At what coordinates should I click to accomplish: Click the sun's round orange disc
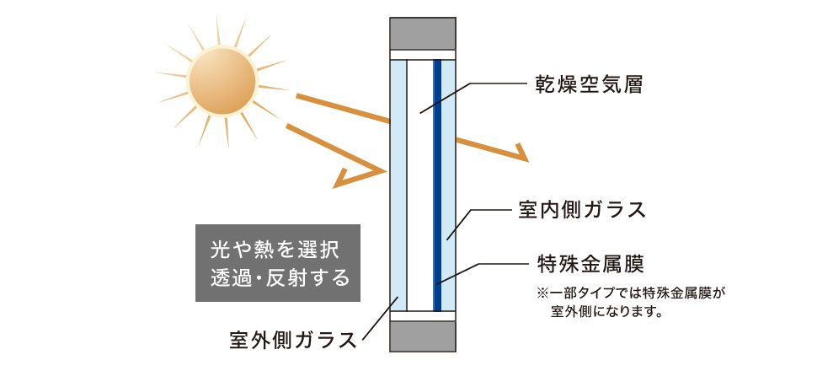click(x=222, y=82)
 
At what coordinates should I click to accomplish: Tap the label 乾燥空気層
click(x=589, y=84)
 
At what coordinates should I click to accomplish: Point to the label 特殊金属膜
click(x=590, y=264)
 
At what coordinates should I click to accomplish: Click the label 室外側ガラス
click(x=293, y=340)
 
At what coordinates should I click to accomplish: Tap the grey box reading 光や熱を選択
click(x=278, y=263)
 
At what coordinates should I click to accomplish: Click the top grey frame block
click(x=423, y=34)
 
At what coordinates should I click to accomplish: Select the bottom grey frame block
click(x=423, y=336)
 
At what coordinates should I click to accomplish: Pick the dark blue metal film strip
click(x=437, y=185)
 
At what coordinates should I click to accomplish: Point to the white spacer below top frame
click(x=423, y=55)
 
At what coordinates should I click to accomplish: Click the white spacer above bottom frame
click(x=423, y=315)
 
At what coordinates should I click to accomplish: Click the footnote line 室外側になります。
click(x=606, y=313)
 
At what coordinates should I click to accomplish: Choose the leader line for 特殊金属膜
click(x=481, y=273)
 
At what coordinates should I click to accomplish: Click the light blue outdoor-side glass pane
click(x=398, y=185)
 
